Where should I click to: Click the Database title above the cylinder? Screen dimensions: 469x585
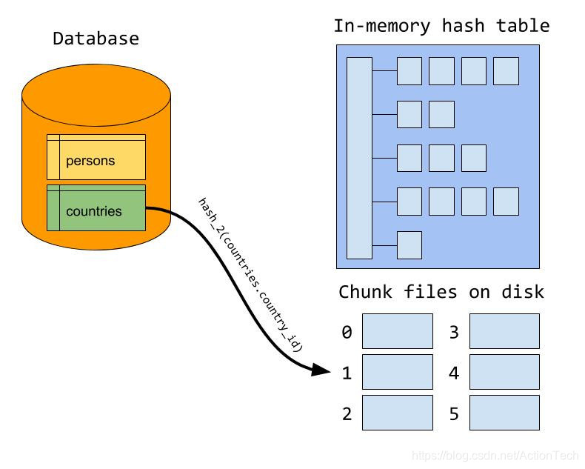click(x=96, y=39)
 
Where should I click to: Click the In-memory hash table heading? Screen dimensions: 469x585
click(x=441, y=26)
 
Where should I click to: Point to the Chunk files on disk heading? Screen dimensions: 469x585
click(x=441, y=292)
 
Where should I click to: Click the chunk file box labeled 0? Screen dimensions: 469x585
click(x=397, y=331)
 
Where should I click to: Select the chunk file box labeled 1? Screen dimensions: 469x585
click(x=397, y=372)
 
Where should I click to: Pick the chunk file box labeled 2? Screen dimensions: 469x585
click(x=397, y=413)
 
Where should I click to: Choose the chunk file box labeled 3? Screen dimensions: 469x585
click(x=504, y=331)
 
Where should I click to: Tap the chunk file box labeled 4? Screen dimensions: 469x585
click(x=504, y=372)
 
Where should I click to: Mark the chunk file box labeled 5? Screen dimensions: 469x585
click(x=504, y=413)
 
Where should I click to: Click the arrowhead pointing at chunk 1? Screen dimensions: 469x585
click(x=321, y=370)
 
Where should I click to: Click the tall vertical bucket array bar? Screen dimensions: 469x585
click(x=359, y=158)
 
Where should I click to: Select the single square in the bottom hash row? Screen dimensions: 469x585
click(x=409, y=245)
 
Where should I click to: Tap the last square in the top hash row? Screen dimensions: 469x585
click(x=506, y=71)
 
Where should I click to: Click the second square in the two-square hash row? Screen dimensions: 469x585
click(x=441, y=115)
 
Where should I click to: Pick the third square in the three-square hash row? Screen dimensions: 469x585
click(x=473, y=158)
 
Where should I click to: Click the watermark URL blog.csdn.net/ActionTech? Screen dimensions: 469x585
click(x=495, y=456)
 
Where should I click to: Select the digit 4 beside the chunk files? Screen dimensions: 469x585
click(x=454, y=373)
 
